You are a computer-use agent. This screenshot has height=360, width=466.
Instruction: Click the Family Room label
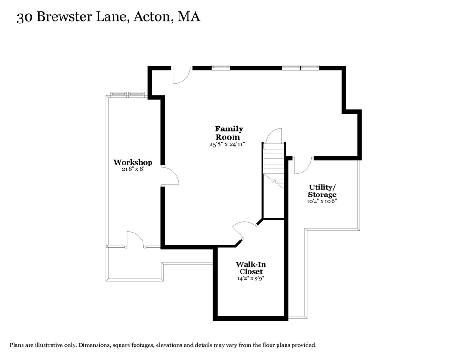tap(229, 133)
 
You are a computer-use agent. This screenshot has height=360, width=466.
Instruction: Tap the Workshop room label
tap(133, 162)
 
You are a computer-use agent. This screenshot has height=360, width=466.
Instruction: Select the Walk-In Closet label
tap(251, 268)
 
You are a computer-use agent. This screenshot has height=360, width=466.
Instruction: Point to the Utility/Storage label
tap(322, 191)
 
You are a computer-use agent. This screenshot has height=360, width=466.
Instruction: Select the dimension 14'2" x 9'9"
tap(251, 278)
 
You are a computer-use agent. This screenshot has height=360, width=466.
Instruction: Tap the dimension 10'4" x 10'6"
tap(322, 201)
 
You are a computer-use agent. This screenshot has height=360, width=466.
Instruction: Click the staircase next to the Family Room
tap(274, 164)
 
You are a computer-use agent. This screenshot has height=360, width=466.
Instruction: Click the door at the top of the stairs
tap(273, 136)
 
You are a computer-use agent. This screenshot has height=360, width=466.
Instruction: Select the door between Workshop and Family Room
tap(170, 175)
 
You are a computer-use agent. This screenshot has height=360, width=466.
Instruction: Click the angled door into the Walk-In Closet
tap(245, 229)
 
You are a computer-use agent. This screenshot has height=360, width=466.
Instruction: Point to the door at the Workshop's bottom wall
tap(135, 239)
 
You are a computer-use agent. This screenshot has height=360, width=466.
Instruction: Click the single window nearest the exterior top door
tap(221, 67)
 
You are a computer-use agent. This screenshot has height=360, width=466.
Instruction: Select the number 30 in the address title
tap(25, 17)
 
